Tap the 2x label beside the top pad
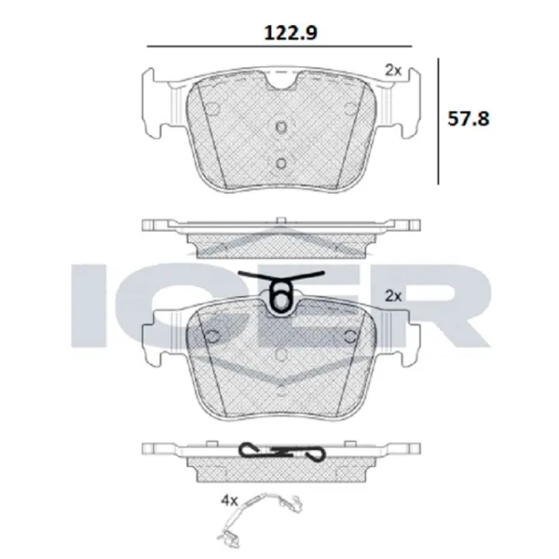click(x=392, y=69)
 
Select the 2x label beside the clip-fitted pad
click(x=392, y=295)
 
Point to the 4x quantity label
click(x=229, y=500)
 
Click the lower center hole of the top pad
click(x=280, y=162)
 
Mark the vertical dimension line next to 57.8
click(x=439, y=120)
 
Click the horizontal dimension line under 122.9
click(x=280, y=47)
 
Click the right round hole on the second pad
click(x=349, y=337)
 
